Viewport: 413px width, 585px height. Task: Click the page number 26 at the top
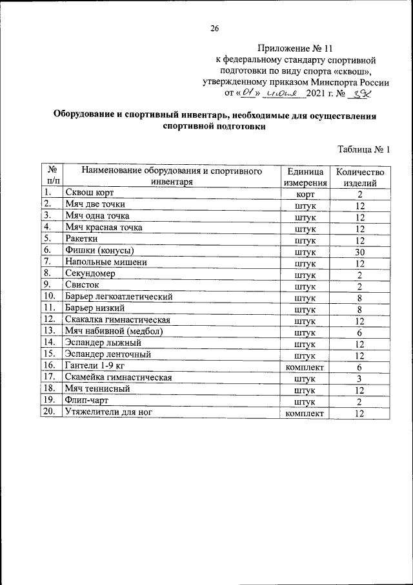tap(215, 28)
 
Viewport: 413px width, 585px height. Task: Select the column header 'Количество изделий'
tap(359, 177)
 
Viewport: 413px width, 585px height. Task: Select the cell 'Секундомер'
tap(90, 274)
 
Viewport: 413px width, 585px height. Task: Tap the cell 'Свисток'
tap(81, 286)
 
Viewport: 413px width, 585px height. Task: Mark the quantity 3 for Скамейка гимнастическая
tap(360, 379)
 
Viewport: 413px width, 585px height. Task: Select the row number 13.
tap(48, 331)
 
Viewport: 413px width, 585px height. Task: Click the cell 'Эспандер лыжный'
tap(103, 343)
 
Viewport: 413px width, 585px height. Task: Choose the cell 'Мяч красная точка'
tap(103, 227)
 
